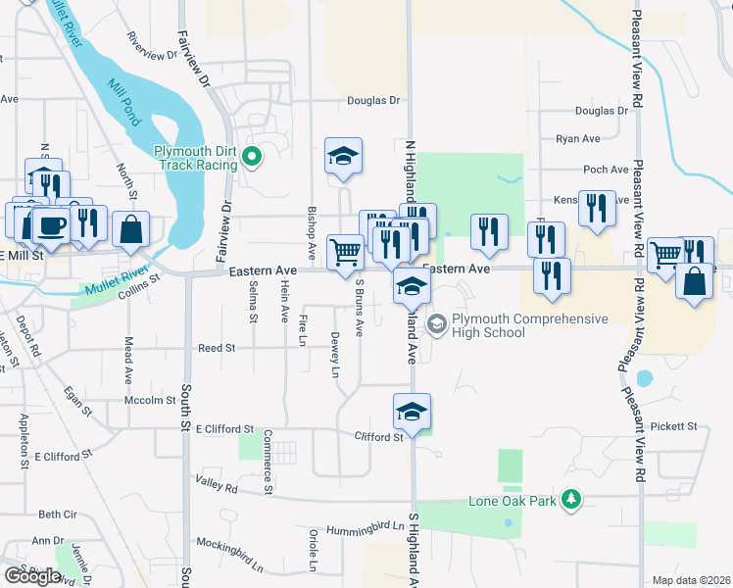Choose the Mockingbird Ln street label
click(x=230, y=554)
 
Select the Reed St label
click(x=217, y=348)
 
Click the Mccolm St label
click(x=149, y=400)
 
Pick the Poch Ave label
click(x=606, y=170)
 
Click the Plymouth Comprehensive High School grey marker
click(x=437, y=321)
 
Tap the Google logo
click(x=32, y=576)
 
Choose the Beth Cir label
click(x=57, y=514)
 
